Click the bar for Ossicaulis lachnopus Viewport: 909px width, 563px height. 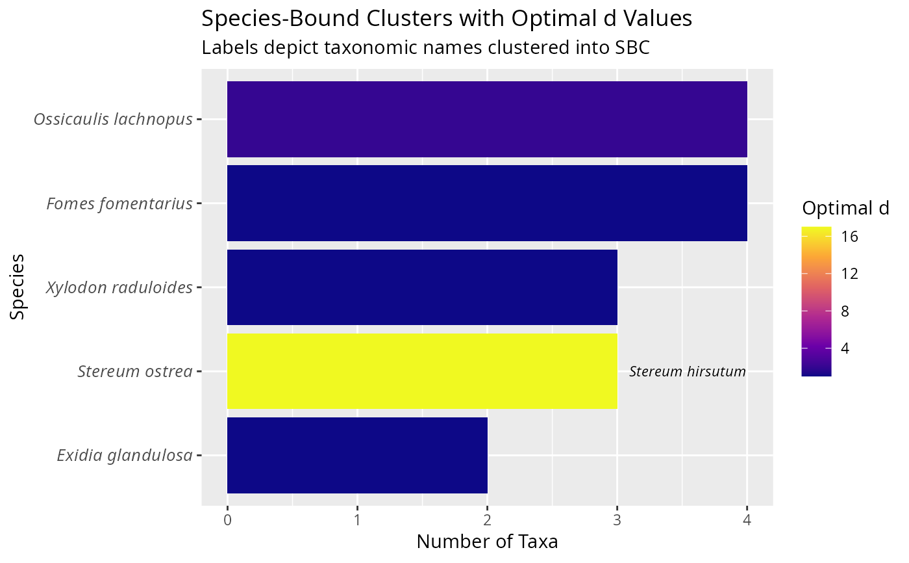(x=487, y=119)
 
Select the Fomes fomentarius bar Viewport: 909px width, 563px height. (x=487, y=203)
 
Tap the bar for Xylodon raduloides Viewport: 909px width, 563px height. (x=422, y=287)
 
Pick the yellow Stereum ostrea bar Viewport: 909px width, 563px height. (x=422, y=371)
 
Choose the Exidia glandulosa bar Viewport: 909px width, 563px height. (x=357, y=455)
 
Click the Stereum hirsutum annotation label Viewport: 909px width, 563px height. (x=687, y=372)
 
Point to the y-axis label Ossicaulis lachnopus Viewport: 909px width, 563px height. (x=114, y=120)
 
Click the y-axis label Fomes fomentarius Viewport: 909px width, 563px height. (x=119, y=204)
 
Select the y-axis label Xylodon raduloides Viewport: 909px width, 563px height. (x=119, y=287)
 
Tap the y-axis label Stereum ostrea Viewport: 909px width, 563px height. (x=135, y=372)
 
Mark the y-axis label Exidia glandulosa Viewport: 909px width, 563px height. (x=125, y=456)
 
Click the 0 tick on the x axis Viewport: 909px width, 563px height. (x=227, y=520)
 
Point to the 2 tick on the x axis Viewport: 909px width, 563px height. (x=487, y=520)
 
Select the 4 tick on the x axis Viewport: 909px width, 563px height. (x=747, y=520)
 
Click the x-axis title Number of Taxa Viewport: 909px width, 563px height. (x=487, y=542)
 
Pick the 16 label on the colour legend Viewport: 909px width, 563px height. (x=849, y=237)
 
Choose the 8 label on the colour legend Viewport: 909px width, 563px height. (x=845, y=311)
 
